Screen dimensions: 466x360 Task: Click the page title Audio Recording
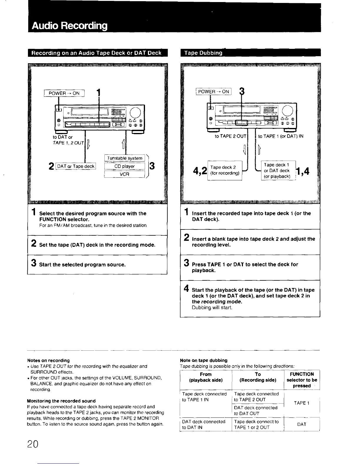click(69, 26)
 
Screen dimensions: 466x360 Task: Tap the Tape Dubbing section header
click(203, 53)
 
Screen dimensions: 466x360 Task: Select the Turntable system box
click(125, 158)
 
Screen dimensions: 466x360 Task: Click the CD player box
click(125, 166)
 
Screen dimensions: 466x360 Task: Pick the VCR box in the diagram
click(125, 174)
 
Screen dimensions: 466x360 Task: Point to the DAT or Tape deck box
click(76, 166)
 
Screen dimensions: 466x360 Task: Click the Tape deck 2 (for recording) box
click(225, 170)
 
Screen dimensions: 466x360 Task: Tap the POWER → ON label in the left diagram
click(64, 93)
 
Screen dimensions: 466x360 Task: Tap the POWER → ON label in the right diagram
click(214, 91)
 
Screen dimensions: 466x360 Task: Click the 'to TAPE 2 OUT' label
click(230, 136)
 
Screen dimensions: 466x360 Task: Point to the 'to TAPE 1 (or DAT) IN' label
click(281, 136)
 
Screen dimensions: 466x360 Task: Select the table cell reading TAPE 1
click(301, 403)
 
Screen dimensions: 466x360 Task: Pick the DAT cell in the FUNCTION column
click(301, 424)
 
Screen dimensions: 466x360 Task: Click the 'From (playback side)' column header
click(206, 377)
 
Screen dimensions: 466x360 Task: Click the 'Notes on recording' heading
click(49, 360)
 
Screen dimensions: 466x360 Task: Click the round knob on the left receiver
click(136, 112)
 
